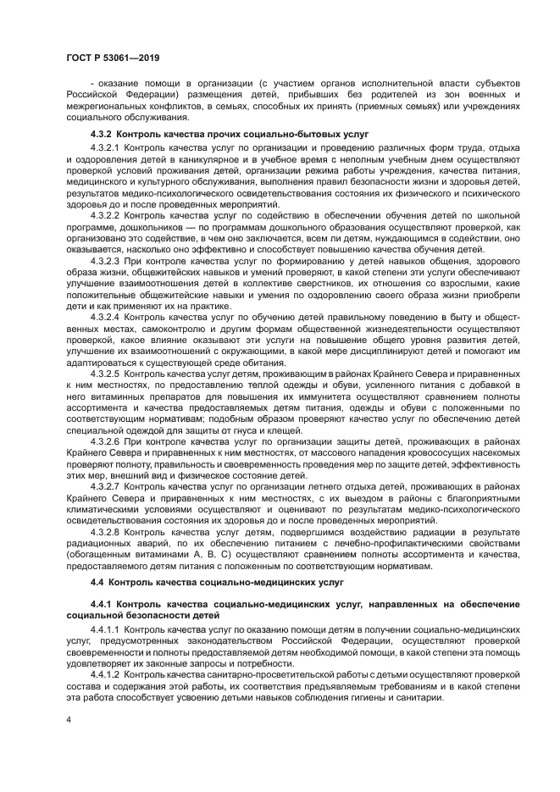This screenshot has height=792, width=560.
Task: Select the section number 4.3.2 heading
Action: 102,135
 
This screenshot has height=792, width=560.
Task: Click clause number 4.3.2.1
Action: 106,148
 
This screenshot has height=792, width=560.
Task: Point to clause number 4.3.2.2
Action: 106,216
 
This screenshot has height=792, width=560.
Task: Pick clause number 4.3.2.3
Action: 106,261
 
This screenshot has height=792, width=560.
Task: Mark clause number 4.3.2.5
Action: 106,372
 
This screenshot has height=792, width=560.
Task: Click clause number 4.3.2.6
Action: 106,440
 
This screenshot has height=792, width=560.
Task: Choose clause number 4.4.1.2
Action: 106,674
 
